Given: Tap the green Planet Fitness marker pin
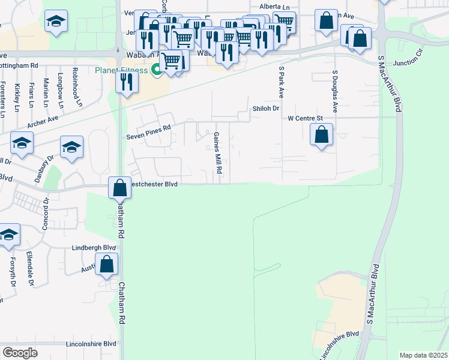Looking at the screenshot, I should (156, 70).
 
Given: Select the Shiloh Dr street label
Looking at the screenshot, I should (267, 108).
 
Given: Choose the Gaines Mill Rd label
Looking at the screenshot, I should (219, 154).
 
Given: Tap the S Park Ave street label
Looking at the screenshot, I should (280, 83).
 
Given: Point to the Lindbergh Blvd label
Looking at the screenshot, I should (93, 247).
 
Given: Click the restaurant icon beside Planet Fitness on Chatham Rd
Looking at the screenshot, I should (126, 82).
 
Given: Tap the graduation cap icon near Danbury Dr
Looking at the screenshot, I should (71, 148).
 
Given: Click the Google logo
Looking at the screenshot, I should (20, 352).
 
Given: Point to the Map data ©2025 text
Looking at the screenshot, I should (424, 355).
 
